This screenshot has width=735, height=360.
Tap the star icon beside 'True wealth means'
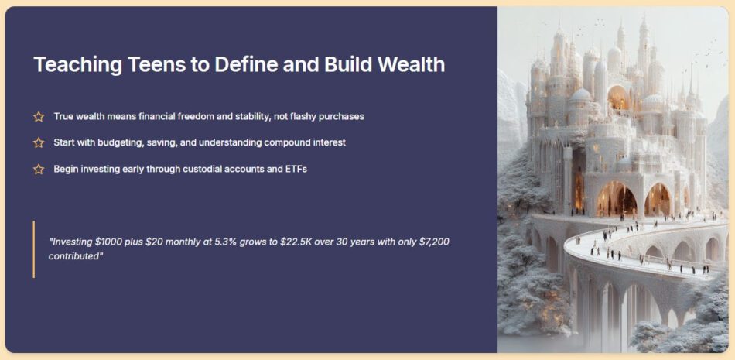click(39, 116)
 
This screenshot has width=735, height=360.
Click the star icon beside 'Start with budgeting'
click(39, 142)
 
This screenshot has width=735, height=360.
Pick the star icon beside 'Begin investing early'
click(39, 170)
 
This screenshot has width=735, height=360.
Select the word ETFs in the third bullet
click(296, 169)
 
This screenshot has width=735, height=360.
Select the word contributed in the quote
click(76, 257)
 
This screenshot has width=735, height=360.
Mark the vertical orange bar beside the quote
click(34, 249)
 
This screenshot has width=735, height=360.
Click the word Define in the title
click(241, 64)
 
